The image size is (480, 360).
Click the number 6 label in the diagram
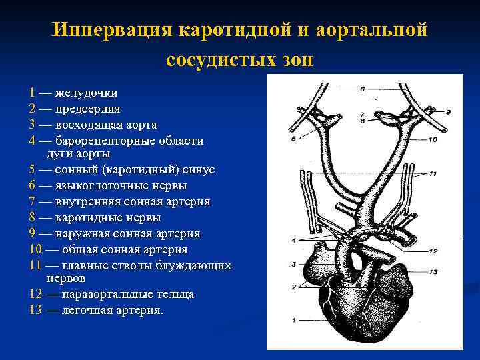361,89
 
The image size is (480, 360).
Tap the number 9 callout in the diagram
449,111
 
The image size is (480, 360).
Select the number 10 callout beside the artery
432,139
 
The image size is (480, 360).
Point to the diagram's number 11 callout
432,173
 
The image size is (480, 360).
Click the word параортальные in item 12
111,294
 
